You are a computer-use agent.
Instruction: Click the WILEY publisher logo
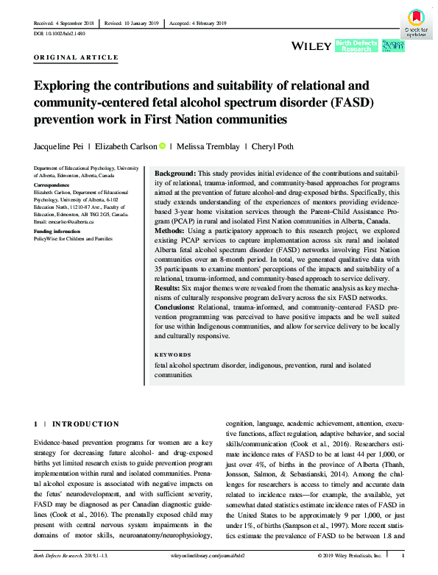point(312,46)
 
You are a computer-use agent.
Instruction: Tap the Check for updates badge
point(414,22)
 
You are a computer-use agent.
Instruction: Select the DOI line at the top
point(60,34)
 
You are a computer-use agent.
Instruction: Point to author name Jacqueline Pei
point(65,146)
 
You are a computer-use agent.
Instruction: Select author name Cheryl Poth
point(285,146)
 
